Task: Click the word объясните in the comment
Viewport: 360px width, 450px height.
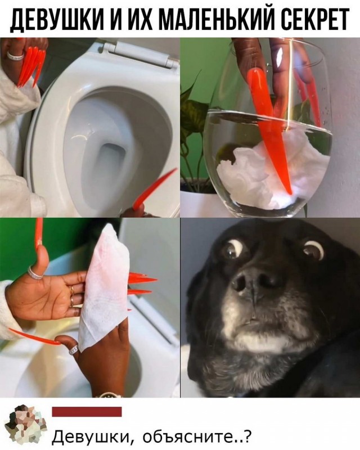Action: tap(196, 438)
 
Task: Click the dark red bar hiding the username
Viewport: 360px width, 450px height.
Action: tap(87, 412)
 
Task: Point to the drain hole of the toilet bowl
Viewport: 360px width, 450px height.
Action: tap(110, 161)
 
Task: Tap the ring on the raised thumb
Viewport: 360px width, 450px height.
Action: tap(36, 273)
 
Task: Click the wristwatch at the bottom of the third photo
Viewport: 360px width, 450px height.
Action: tap(109, 395)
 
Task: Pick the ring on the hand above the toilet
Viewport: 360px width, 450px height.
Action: tap(16, 55)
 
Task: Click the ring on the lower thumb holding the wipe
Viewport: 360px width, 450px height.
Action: tap(74, 349)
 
